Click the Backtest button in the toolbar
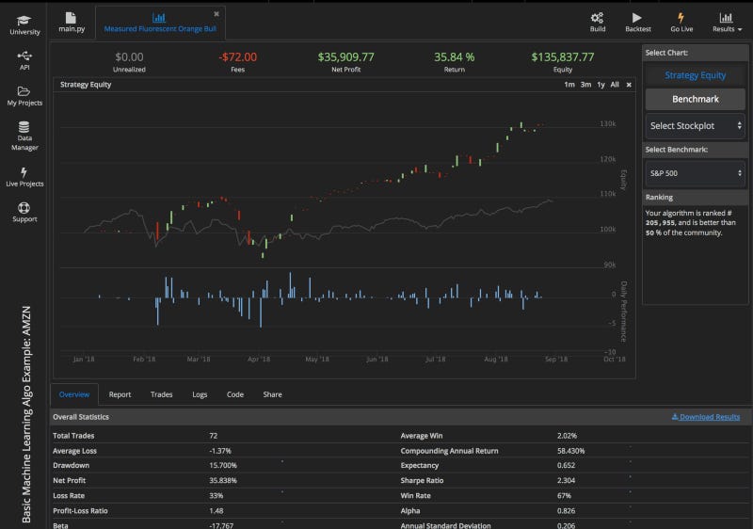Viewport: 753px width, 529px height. click(637, 21)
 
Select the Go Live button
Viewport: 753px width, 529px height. click(681, 21)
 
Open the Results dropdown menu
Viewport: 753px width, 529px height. click(727, 21)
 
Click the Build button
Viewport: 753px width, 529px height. click(598, 21)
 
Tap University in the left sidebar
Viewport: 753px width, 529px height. click(24, 24)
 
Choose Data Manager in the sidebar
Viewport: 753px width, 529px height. click(24, 136)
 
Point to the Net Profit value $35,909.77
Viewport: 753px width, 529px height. click(345, 57)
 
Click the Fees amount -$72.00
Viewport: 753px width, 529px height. click(237, 57)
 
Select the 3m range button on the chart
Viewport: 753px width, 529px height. click(585, 85)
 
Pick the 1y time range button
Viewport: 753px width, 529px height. click(601, 85)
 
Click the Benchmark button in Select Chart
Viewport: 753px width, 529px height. click(695, 99)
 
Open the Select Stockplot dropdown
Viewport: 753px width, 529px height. click(695, 125)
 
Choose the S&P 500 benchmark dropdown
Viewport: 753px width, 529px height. click(695, 173)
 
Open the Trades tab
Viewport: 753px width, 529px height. click(162, 394)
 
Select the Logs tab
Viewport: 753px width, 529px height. click(200, 394)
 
